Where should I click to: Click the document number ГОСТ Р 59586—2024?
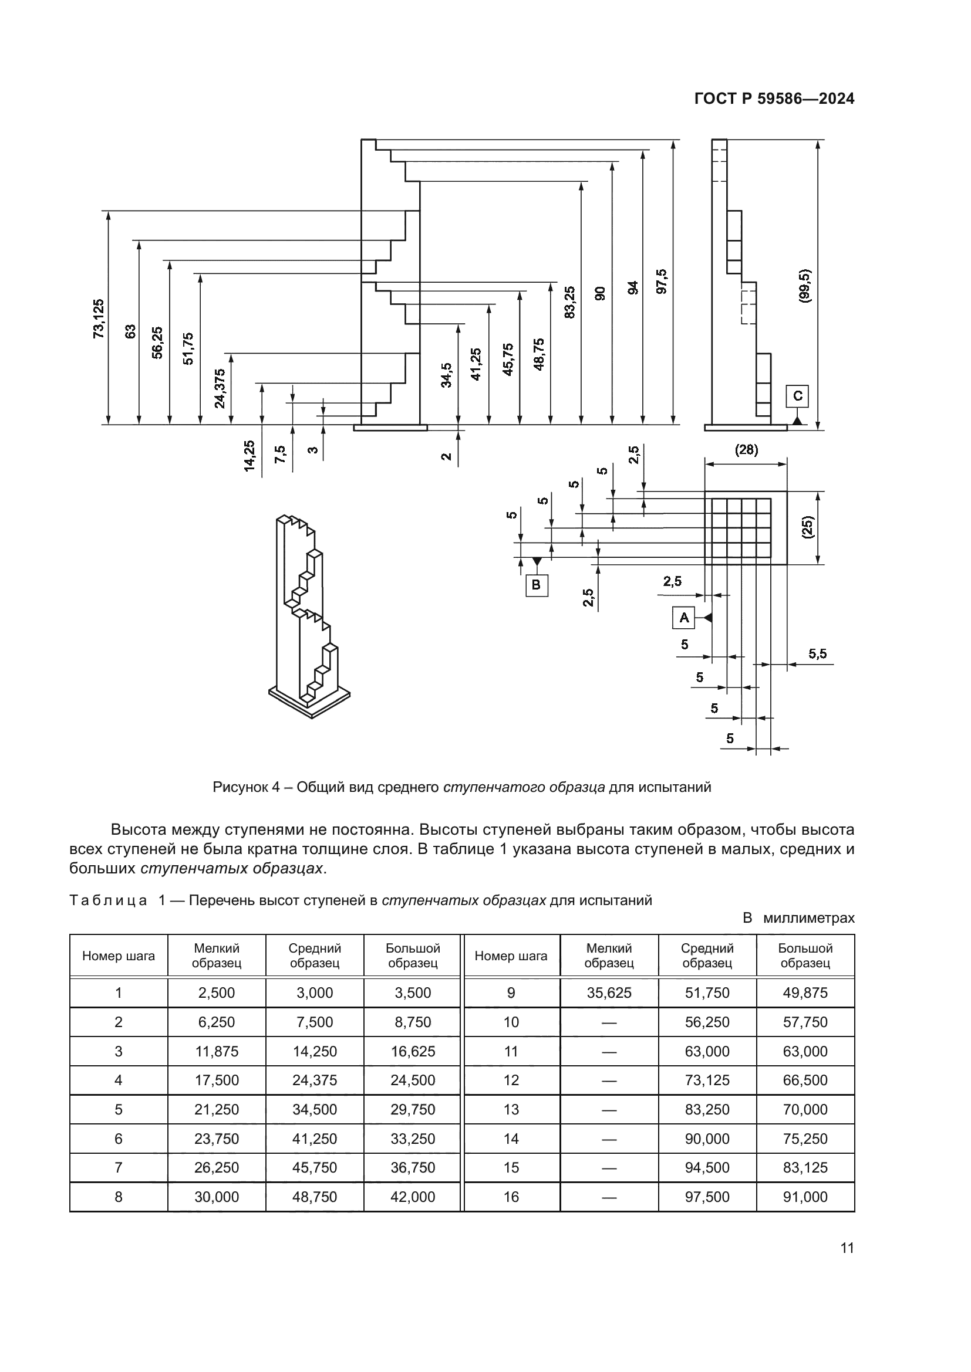coord(774,99)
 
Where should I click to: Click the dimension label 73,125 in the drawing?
coord(99,319)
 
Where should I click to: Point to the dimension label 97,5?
coord(661,282)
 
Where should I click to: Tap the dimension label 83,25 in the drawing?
coord(569,301)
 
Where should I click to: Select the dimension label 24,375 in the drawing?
coord(220,388)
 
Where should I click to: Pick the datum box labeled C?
coord(797,396)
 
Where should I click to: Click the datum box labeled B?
coord(537,584)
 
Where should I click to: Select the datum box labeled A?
coord(683,617)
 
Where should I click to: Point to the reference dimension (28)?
coord(746,450)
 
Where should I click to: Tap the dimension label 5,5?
coord(817,653)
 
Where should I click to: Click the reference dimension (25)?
coord(808,528)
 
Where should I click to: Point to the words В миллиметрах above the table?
coord(798,918)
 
